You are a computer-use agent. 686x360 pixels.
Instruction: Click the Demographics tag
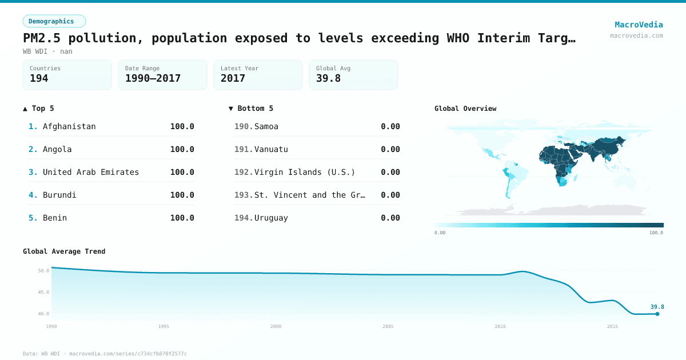coord(54,21)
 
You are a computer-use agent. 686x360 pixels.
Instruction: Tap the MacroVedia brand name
coord(639,25)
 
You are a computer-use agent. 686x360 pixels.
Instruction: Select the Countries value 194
coord(39,78)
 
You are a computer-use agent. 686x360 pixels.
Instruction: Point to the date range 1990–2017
coord(153,78)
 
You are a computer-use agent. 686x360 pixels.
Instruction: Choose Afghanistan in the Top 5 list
coord(69,126)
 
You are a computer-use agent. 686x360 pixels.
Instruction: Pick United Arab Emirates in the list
coord(91,172)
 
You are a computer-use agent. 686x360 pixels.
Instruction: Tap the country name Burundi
coord(59,195)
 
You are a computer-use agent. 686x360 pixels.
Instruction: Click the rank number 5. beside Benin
coord(33,218)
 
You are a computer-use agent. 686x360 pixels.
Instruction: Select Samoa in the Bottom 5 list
coord(266,126)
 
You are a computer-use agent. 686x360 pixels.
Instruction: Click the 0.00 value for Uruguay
coord(390,218)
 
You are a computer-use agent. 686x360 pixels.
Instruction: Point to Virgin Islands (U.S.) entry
coord(305,172)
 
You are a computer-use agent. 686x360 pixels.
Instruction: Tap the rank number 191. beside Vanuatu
coord(244,149)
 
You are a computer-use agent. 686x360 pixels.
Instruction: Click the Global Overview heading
coord(465,109)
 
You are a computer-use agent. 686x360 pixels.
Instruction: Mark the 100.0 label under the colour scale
coord(656,233)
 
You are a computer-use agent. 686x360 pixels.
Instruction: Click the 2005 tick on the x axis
coord(388,326)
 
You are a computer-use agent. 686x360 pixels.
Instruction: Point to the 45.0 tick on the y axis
coord(43,292)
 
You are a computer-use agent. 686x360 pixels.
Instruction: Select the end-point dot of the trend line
coord(657,314)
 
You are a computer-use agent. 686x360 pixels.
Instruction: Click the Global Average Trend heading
coord(64,251)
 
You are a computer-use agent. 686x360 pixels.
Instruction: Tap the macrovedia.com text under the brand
coord(636,35)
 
